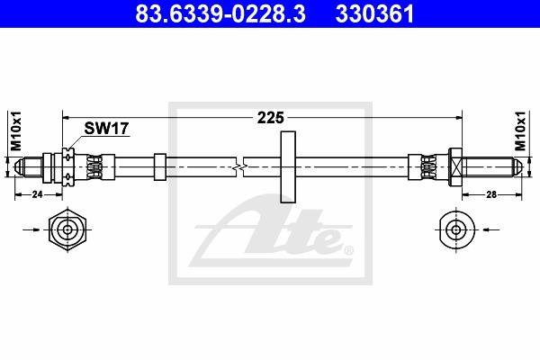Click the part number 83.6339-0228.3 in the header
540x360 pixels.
pyautogui.click(x=220, y=13)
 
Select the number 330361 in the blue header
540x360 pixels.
pyautogui.click(x=374, y=13)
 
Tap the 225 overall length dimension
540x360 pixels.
pyautogui.click(x=271, y=118)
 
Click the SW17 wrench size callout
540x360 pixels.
pyautogui.click(x=106, y=129)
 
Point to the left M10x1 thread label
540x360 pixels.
pyautogui.click(x=16, y=130)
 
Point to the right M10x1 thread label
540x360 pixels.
pyautogui.click(x=520, y=130)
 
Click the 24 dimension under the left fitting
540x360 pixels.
pyautogui.click(x=37, y=194)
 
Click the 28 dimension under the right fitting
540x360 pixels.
pyautogui.click(x=491, y=194)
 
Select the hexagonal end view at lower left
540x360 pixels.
pyautogui.click(x=67, y=229)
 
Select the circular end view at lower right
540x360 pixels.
pyautogui.click(x=457, y=229)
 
